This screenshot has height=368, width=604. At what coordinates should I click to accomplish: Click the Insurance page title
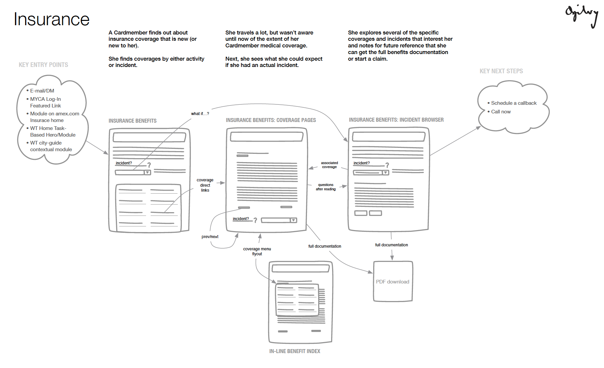pos(52,19)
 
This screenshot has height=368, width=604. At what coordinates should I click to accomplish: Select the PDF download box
pos(393,281)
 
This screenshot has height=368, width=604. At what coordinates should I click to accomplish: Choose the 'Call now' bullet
pos(501,112)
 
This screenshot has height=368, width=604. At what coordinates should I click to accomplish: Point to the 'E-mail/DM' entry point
pos(42,91)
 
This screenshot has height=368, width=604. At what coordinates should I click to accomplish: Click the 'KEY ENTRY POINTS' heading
pos(43,65)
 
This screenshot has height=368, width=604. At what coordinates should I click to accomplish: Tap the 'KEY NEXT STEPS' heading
pos(501,71)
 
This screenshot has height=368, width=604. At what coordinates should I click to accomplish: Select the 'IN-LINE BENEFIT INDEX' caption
pos(295,351)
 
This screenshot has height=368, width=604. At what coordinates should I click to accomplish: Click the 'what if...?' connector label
pos(200,114)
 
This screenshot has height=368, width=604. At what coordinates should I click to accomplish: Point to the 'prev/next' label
pos(210,237)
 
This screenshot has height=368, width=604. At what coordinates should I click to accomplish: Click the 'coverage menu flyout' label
pos(257,251)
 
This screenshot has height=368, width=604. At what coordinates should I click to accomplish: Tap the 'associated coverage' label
pos(329,165)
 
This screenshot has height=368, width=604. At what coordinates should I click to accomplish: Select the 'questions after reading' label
pos(326,187)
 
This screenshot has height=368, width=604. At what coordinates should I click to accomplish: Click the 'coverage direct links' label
pos(205,185)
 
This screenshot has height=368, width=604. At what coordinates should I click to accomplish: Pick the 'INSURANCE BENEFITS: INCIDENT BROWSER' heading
pos(396,120)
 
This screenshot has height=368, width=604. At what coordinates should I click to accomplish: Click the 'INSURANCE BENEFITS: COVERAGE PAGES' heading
pos(271,120)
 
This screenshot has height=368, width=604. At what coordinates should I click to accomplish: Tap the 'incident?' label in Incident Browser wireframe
pos(362,163)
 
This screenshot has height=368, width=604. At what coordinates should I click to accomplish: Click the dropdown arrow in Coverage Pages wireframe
pos(293,220)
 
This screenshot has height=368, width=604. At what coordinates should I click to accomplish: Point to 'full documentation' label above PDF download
pos(391,245)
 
